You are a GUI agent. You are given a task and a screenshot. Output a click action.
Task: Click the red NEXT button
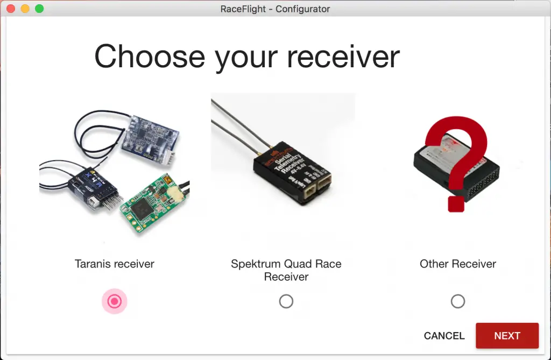tap(507, 336)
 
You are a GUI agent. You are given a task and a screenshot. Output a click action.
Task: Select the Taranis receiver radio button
tap(114, 301)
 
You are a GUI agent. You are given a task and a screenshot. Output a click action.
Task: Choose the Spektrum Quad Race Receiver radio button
tap(286, 301)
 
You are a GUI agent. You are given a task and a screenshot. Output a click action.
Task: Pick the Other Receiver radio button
tap(458, 301)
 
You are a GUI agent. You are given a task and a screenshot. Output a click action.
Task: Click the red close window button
tap(11, 9)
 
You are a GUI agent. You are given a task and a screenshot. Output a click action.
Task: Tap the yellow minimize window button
tap(25, 9)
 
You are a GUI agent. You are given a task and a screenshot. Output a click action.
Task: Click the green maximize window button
tap(39, 9)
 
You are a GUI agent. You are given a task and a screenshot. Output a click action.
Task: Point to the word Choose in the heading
tap(150, 56)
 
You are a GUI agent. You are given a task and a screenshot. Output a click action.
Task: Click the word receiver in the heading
tap(341, 57)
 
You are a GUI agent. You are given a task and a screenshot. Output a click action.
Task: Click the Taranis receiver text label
tap(115, 264)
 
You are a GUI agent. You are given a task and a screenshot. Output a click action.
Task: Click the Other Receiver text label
tap(458, 264)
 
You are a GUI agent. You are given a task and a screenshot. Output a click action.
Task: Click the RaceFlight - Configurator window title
tap(275, 9)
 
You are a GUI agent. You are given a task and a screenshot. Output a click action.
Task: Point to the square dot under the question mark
tap(456, 203)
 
